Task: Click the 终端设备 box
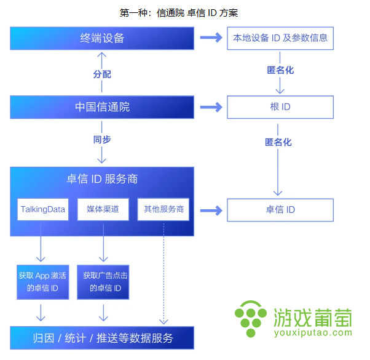(x=102, y=38)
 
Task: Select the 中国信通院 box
(x=102, y=107)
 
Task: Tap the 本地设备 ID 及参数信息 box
(x=280, y=38)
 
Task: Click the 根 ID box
(x=280, y=107)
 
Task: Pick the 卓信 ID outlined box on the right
(x=280, y=210)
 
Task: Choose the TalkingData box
(x=43, y=209)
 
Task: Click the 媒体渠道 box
(x=103, y=209)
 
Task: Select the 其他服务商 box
(x=163, y=209)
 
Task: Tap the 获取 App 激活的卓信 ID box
(x=42, y=282)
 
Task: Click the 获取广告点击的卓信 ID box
(x=103, y=282)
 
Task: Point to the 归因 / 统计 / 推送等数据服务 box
(x=102, y=338)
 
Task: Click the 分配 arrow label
(x=102, y=74)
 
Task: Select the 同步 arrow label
(x=102, y=140)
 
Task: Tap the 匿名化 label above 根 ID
(x=280, y=70)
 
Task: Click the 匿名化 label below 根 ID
(x=278, y=142)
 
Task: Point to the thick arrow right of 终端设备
(x=211, y=38)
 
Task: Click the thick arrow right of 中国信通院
(x=211, y=107)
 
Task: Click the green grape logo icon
(x=251, y=319)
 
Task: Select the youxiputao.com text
(x=313, y=333)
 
